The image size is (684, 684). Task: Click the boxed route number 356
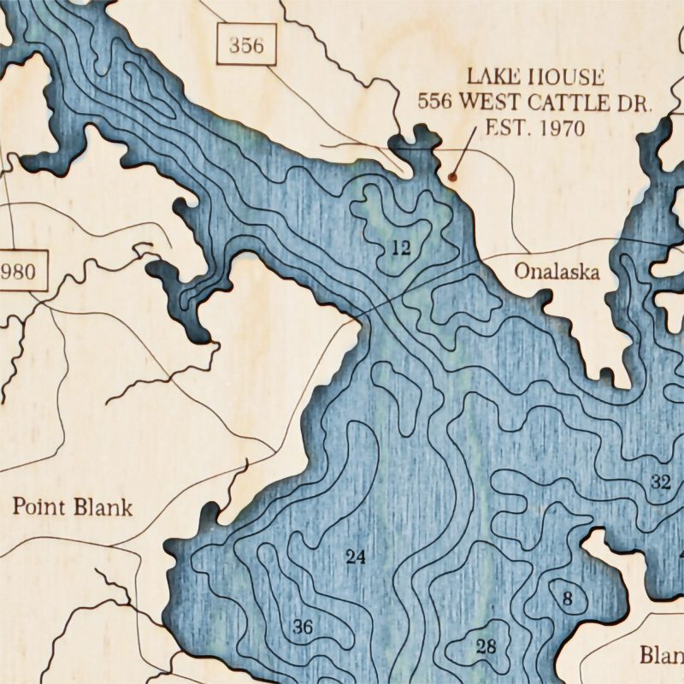[x=247, y=45]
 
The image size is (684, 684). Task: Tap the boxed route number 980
[x=19, y=273]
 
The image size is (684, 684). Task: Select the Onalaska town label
[x=557, y=272]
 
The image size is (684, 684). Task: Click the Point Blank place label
[x=73, y=507]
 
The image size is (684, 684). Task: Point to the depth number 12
[x=400, y=249]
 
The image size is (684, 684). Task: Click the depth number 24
[x=355, y=557]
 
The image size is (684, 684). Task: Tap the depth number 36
[x=303, y=627]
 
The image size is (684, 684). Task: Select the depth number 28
[x=486, y=646]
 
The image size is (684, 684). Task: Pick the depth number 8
[x=567, y=598]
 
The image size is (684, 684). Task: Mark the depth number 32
[x=660, y=481]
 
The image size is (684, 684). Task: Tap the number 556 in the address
[x=435, y=103]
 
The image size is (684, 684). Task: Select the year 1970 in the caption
[x=555, y=129]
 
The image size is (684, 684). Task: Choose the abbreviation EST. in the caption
[x=504, y=129]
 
